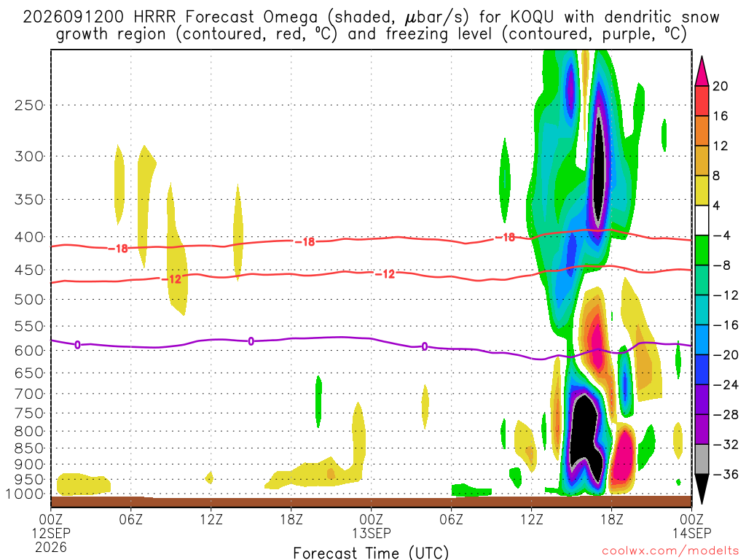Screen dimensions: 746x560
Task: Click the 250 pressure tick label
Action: (x=29, y=105)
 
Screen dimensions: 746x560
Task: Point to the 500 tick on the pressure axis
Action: (x=29, y=300)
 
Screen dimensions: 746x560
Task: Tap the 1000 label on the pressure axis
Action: (x=25, y=494)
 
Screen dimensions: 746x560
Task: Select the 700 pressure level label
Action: (x=29, y=394)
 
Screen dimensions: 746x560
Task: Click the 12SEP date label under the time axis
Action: (x=52, y=533)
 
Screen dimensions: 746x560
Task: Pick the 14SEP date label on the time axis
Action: (x=692, y=533)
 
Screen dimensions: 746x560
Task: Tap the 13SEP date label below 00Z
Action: (x=372, y=533)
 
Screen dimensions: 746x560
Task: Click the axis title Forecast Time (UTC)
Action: (x=371, y=553)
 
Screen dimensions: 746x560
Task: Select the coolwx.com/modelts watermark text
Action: (x=670, y=551)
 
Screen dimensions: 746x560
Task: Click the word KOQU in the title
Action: (x=532, y=17)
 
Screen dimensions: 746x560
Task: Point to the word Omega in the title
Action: (x=290, y=17)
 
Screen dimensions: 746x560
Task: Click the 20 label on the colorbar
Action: (x=720, y=86)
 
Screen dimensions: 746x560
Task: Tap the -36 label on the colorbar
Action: (x=726, y=474)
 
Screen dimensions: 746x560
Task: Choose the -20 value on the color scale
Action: (x=726, y=355)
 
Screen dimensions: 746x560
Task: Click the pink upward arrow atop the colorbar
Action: (x=702, y=71)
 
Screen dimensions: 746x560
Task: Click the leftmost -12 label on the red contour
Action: (x=172, y=279)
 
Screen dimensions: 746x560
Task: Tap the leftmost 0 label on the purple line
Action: (x=77, y=345)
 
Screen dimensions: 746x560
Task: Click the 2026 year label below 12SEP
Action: (x=52, y=547)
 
